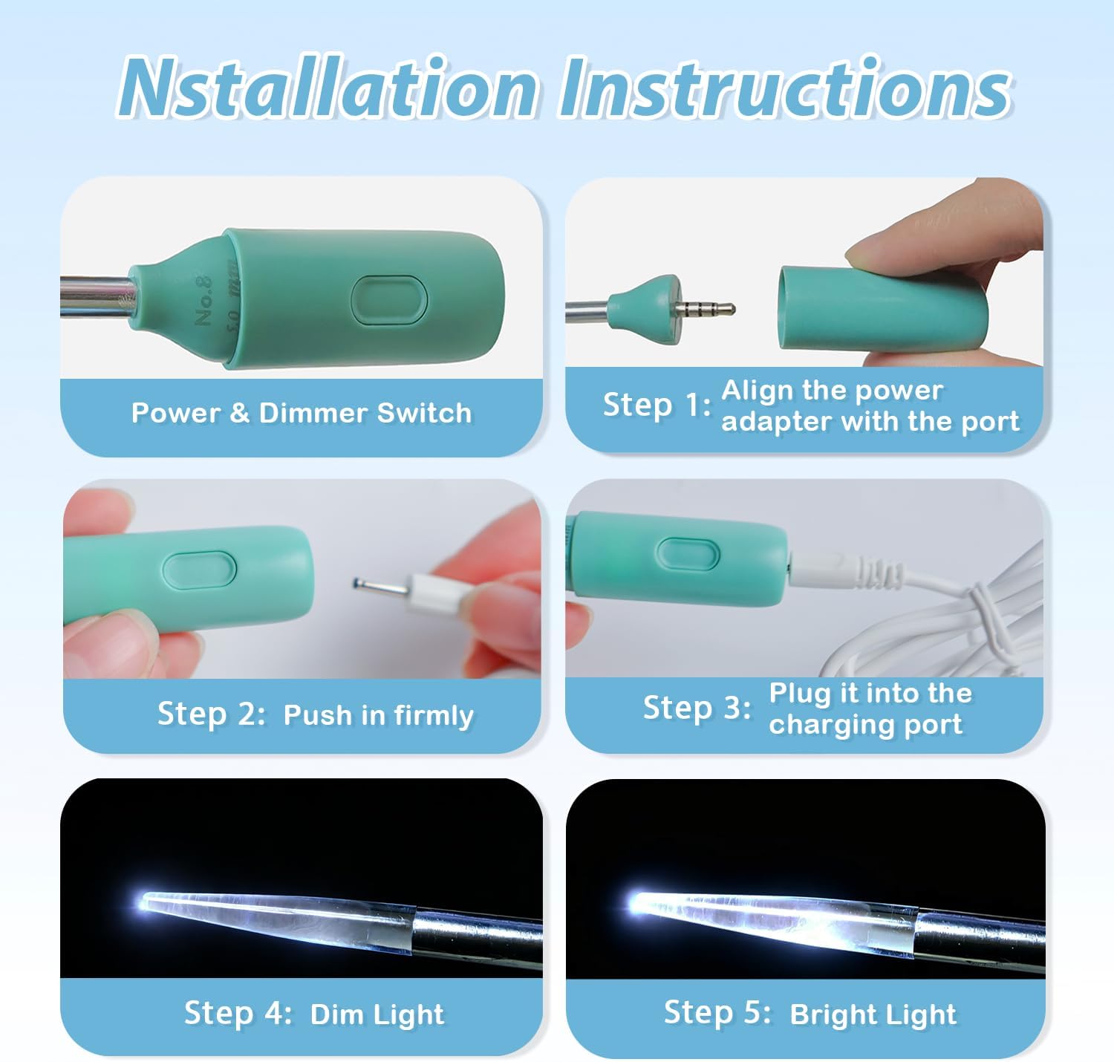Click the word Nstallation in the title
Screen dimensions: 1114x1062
(x=327, y=87)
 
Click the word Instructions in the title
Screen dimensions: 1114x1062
(x=785, y=87)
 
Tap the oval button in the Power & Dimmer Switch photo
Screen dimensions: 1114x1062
(x=388, y=300)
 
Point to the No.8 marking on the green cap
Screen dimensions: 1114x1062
(x=203, y=301)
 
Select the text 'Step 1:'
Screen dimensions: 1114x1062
(x=657, y=405)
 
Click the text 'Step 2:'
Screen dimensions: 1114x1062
(x=212, y=714)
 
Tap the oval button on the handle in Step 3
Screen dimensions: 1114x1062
(x=688, y=554)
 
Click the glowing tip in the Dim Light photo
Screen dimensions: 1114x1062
(x=149, y=901)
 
